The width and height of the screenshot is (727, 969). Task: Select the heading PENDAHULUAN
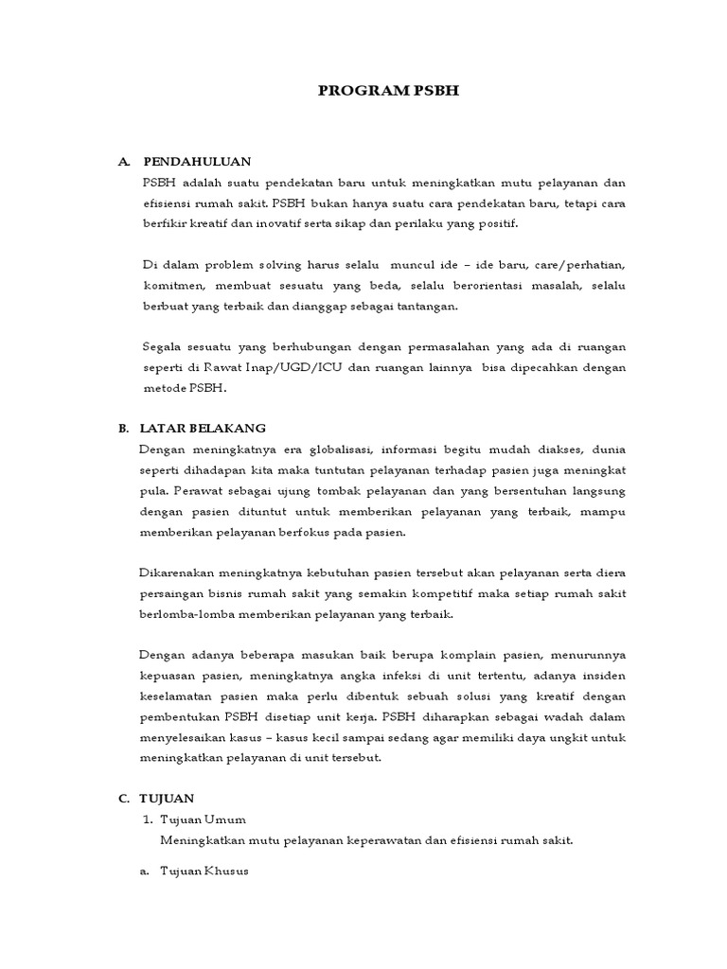[197, 162]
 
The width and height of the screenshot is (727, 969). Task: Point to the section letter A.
[123, 162]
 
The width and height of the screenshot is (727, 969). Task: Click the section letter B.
[123, 429]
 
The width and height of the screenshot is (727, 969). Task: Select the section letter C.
[123, 799]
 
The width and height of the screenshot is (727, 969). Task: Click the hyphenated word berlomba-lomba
[187, 614]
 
